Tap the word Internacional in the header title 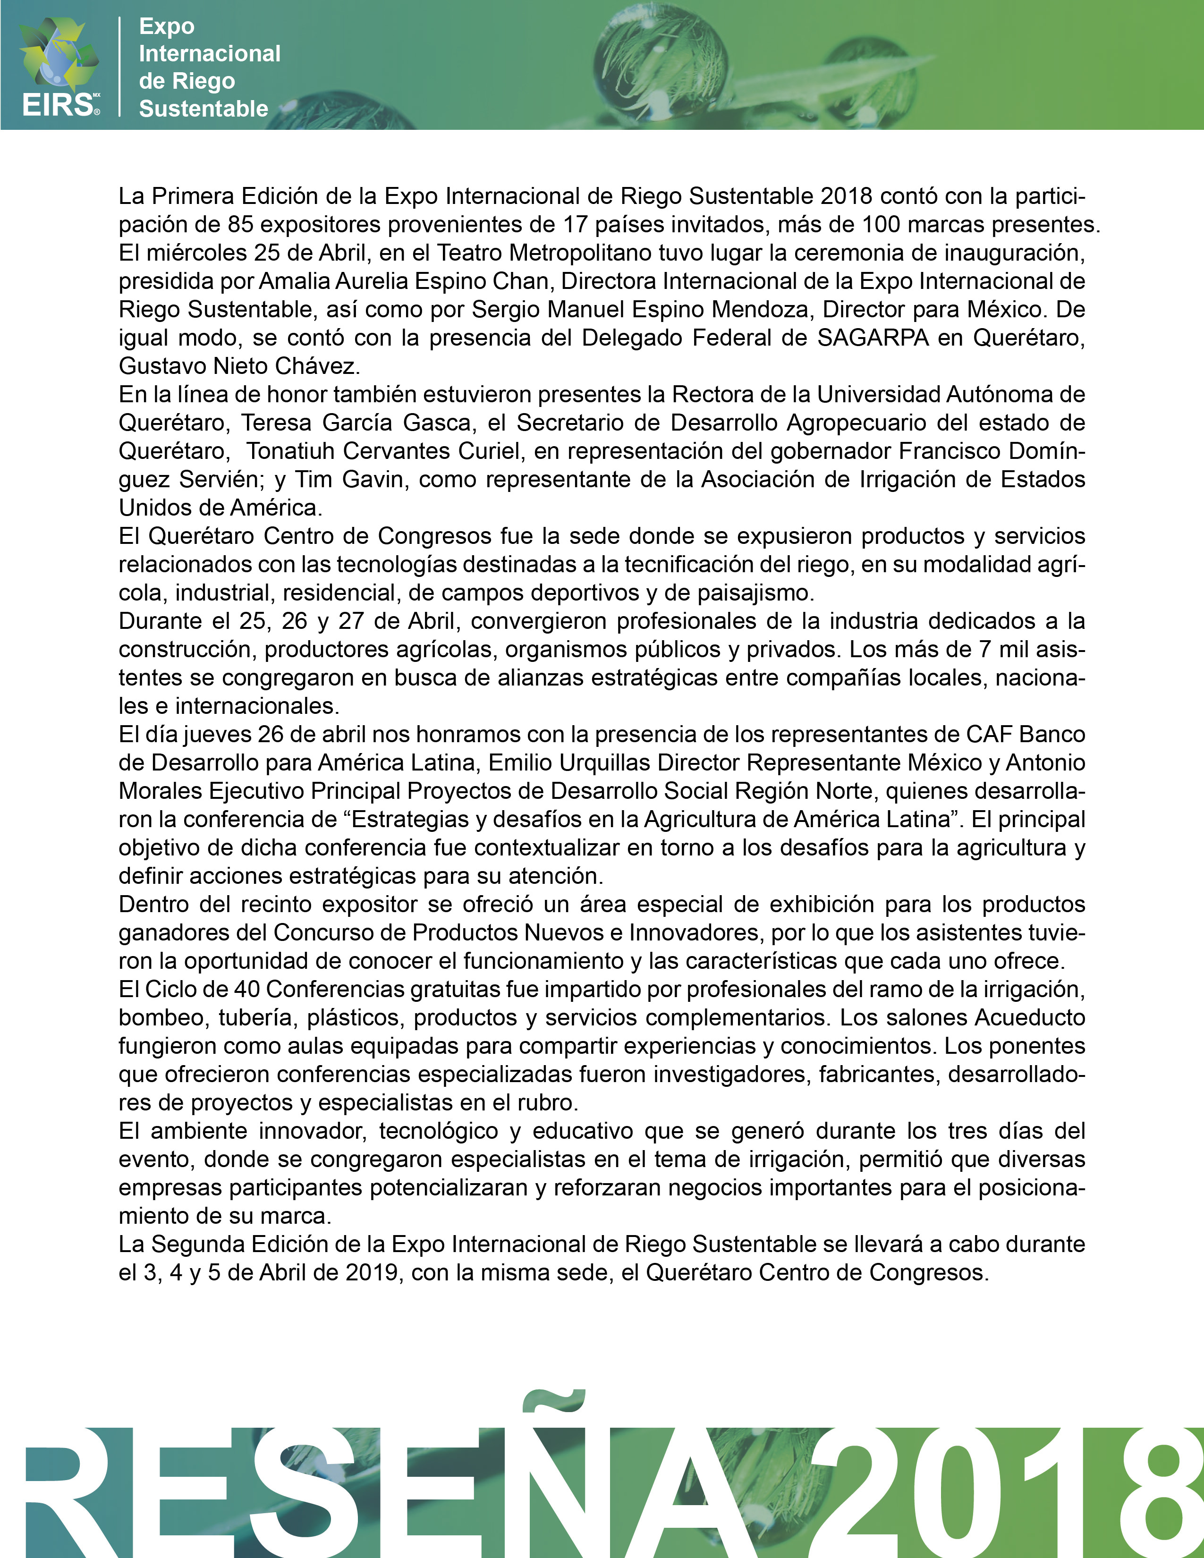[x=210, y=53]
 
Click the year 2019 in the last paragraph [x=372, y=1273]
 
